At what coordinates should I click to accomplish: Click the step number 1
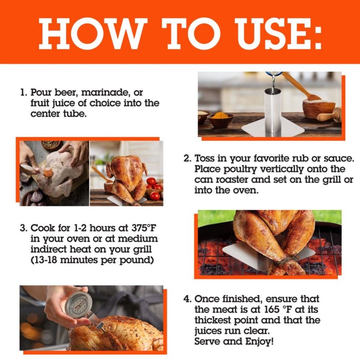(23, 92)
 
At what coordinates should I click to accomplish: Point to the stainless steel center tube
(273, 110)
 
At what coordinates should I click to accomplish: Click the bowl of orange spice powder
(220, 119)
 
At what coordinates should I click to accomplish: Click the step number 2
(187, 158)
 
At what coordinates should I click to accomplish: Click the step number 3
(23, 228)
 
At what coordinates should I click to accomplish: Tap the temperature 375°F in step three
(144, 228)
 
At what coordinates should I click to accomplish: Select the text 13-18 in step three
(45, 260)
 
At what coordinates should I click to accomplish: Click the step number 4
(187, 299)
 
